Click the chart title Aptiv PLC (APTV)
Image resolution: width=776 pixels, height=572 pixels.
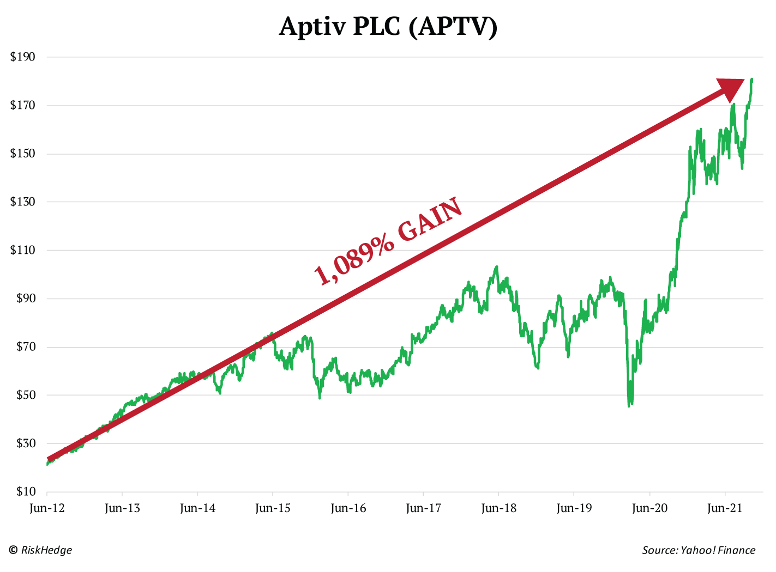point(388,26)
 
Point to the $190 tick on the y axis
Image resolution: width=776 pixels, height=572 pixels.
point(22,57)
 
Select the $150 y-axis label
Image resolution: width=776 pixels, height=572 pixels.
point(22,154)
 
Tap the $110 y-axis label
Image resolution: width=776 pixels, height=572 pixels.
point(22,250)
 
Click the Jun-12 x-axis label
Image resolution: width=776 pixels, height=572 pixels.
point(47,508)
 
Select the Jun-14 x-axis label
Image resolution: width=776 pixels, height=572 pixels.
point(197,508)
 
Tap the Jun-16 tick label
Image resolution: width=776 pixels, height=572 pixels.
point(348,508)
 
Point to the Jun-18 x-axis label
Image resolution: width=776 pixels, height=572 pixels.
point(498,508)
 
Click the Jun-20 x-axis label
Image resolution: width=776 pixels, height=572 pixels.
point(649,508)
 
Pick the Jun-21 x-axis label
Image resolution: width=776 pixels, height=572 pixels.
point(725,508)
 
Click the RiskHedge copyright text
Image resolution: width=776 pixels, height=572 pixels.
point(40,550)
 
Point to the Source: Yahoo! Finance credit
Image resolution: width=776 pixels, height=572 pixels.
point(699,550)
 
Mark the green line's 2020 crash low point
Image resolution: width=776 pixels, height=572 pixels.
point(629,405)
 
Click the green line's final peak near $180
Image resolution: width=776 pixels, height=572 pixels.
point(751,80)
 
